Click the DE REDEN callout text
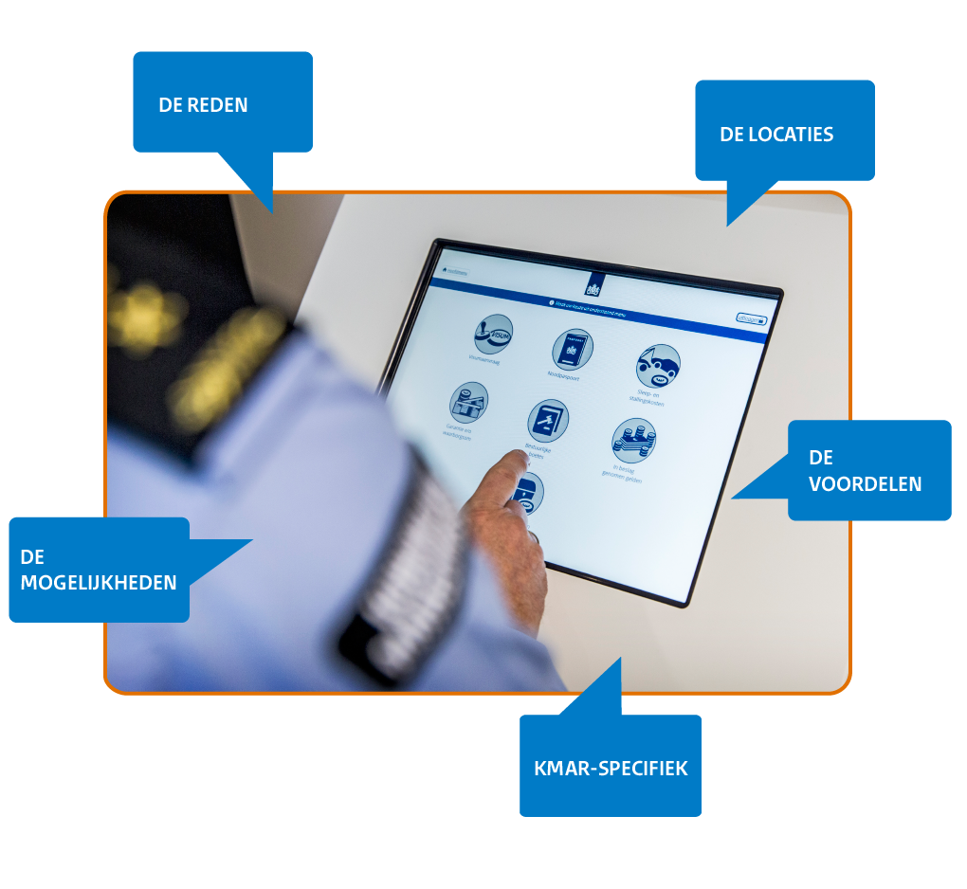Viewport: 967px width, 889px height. click(x=203, y=105)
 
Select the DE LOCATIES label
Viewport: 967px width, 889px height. click(x=776, y=135)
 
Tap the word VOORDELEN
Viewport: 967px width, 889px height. click(x=865, y=483)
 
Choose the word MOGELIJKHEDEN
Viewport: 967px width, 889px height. click(x=99, y=582)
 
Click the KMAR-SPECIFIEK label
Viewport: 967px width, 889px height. click(x=611, y=768)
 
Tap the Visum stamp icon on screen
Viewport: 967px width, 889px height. click(x=493, y=334)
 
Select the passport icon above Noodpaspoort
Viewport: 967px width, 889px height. click(x=573, y=349)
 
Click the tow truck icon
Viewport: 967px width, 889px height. click(x=657, y=366)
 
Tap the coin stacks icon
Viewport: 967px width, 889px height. click(x=633, y=440)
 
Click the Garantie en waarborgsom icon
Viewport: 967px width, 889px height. click(x=468, y=403)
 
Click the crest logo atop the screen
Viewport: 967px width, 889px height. click(x=593, y=285)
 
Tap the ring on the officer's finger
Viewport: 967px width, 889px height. click(x=535, y=538)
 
